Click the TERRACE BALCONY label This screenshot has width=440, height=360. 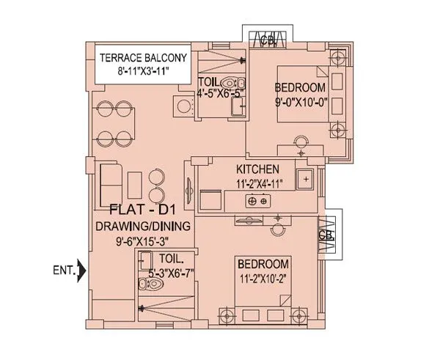[x=144, y=57]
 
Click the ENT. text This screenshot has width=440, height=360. [x=65, y=271]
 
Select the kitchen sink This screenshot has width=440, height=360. [x=305, y=177]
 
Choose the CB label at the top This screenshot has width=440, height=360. [x=268, y=42]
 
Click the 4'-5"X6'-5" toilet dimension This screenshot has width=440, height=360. [x=220, y=93]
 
